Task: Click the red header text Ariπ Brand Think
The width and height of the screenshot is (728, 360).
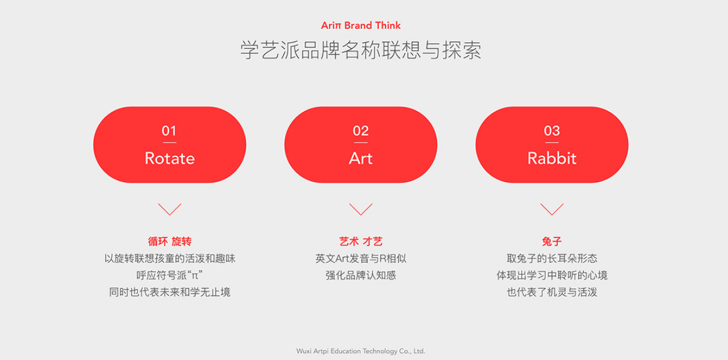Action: (360, 25)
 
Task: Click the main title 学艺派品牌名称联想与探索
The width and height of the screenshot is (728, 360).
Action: (360, 50)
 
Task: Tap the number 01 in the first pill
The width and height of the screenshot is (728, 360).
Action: (169, 131)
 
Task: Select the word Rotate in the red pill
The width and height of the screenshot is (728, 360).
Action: (169, 159)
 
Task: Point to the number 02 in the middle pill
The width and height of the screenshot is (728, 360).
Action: (360, 131)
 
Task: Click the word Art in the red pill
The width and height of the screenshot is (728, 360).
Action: (360, 159)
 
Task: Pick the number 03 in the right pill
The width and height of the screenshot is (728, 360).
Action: (551, 131)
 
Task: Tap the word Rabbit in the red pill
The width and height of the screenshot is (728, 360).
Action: (551, 159)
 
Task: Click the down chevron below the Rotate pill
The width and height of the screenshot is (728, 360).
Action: (169, 209)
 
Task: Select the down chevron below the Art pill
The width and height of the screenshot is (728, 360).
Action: (360, 209)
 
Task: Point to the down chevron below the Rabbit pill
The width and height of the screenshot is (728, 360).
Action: (551, 209)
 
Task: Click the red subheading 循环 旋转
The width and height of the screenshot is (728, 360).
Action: (169, 242)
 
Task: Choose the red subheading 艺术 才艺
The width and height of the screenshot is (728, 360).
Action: (360, 242)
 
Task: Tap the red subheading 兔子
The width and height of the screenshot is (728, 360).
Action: (551, 242)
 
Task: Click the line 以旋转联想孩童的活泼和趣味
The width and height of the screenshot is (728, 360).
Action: (169, 259)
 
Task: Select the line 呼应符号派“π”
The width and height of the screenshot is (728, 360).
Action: (169, 275)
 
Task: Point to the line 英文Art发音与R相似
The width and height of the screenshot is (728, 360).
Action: (360, 259)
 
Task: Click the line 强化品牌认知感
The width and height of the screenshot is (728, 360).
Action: (360, 275)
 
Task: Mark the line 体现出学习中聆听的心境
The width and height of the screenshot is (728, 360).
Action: (551, 275)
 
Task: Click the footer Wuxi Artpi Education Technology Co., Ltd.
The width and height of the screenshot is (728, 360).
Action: (360, 351)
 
